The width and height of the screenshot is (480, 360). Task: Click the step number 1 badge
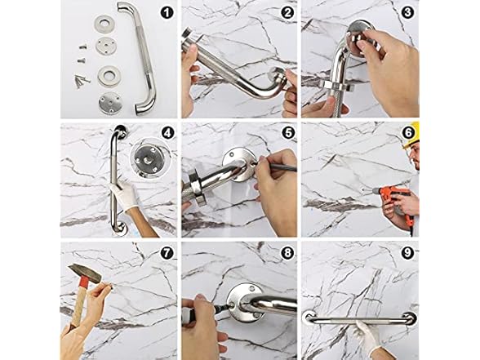coord(167,12)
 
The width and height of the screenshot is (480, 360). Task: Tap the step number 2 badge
coord(287,12)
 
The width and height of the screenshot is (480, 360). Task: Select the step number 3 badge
coord(407,12)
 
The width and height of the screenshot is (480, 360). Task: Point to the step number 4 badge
coord(167,133)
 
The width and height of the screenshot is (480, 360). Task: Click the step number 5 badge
coord(287,133)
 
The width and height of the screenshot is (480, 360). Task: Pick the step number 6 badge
coord(408,133)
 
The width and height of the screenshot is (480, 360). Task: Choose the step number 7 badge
coord(167,253)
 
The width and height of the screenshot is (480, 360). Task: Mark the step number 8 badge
coord(287,253)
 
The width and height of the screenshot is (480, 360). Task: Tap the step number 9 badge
coord(407,253)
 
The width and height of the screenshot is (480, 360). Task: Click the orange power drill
coord(395,202)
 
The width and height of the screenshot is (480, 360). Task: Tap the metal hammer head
coord(85,274)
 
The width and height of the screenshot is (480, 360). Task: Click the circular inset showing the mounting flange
coord(149,158)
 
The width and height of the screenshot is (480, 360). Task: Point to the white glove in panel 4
coord(124,195)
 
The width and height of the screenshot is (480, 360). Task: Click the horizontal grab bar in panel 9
coord(360,319)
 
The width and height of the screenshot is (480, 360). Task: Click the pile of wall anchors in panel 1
coord(82,81)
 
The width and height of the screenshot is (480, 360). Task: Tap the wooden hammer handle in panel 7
coord(78,306)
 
